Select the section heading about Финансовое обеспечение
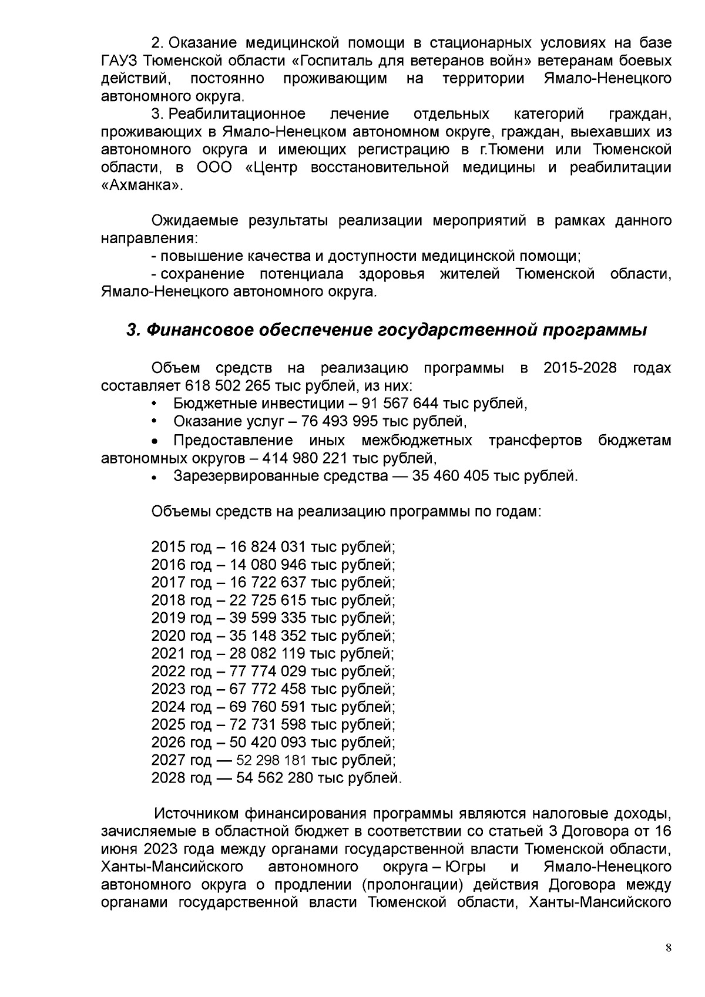pyautogui.click(x=387, y=330)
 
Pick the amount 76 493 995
pyautogui.click(x=341, y=421)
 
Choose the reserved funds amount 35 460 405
pyautogui.click(x=451, y=475)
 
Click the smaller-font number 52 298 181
pyautogui.click(x=271, y=760)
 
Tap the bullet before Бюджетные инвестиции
pyautogui.click(x=155, y=404)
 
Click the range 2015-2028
pyautogui.click(x=580, y=368)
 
